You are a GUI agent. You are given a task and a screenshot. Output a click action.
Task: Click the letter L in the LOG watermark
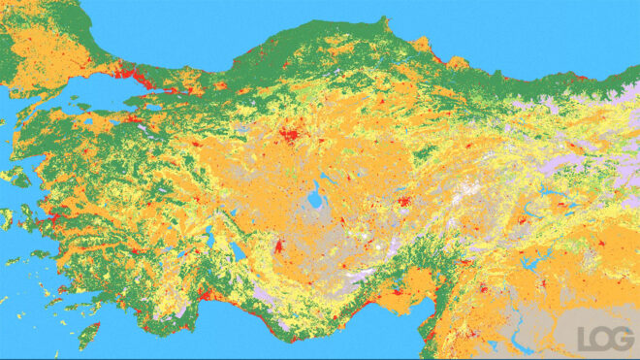click(584, 338)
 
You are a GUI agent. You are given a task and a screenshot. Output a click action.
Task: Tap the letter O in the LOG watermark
click(602, 338)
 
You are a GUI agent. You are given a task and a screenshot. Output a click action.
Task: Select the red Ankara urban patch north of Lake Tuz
click(289, 135)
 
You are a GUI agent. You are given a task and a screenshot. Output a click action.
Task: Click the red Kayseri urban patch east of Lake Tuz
click(401, 203)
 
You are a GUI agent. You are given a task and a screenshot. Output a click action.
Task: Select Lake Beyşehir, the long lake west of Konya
click(237, 251)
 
